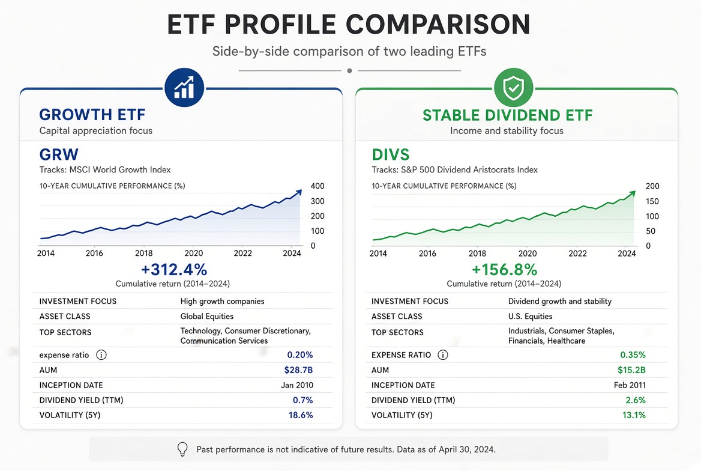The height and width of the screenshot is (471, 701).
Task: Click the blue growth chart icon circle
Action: coord(184,87)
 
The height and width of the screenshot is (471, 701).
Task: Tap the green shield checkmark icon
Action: coord(513,87)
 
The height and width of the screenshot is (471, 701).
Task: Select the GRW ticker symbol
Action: coord(59,154)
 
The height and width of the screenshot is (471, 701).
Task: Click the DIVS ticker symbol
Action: coord(390,154)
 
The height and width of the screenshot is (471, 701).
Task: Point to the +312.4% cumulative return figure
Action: coord(174,270)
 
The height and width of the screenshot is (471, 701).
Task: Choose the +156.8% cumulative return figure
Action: coord(504,270)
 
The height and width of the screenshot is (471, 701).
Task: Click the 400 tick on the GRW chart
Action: coord(317,186)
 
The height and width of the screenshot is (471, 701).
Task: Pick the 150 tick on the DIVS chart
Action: coord(652,201)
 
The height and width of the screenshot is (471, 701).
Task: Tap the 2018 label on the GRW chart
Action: coord(143,254)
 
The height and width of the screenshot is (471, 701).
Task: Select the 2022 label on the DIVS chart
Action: coord(577,254)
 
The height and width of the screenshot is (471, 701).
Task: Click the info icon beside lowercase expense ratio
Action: coord(101,355)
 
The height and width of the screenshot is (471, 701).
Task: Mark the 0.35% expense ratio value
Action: coord(633,355)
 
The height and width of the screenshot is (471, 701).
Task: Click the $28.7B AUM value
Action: coord(298,370)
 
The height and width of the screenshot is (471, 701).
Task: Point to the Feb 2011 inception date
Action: coord(630,385)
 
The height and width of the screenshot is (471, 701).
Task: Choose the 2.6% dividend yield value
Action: coord(635,400)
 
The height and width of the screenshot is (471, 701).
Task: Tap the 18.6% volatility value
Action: coord(301,415)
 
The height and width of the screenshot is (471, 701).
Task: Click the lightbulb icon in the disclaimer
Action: coord(182,449)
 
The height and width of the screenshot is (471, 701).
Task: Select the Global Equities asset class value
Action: coord(207,317)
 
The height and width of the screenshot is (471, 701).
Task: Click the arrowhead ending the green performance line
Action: coord(632,194)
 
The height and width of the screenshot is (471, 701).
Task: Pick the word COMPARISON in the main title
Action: coord(438,24)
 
